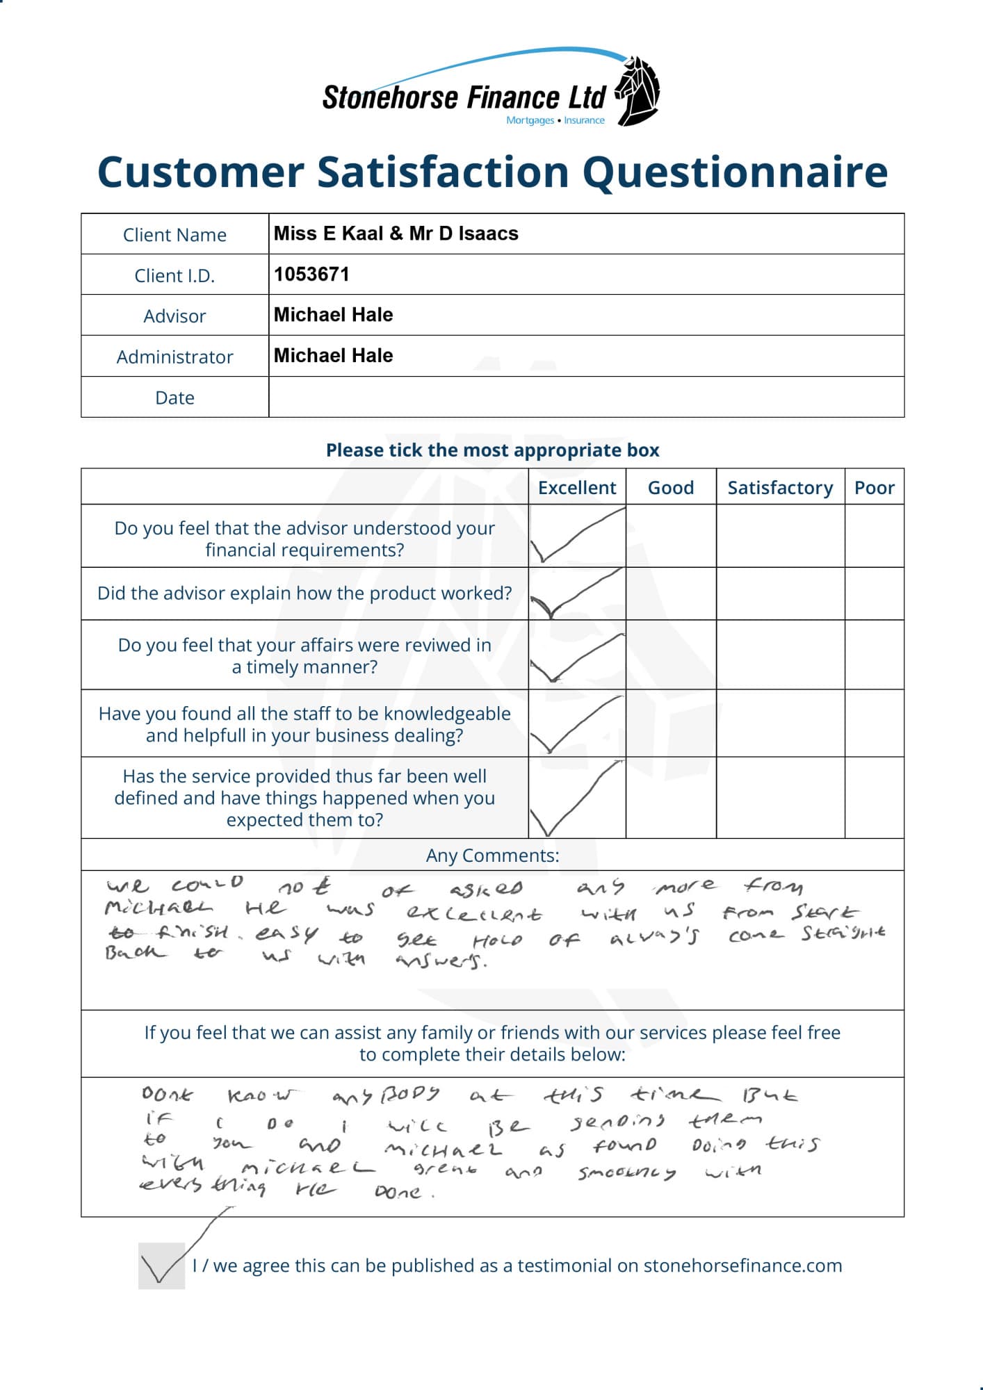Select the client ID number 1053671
click(x=311, y=275)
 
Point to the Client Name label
click(x=174, y=235)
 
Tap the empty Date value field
click(x=586, y=398)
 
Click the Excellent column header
click(x=577, y=488)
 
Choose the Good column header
click(x=671, y=488)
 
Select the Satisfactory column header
click(x=780, y=488)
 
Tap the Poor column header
click(x=874, y=488)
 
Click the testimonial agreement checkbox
click(x=161, y=1266)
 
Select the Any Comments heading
click(x=492, y=856)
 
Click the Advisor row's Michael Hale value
click(x=333, y=315)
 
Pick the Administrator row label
click(x=174, y=357)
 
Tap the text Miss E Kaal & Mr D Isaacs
click(x=396, y=234)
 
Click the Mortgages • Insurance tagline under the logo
click(x=555, y=120)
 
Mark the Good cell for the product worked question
click(x=671, y=594)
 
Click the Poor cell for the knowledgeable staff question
click(x=874, y=723)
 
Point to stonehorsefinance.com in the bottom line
click(x=742, y=1266)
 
